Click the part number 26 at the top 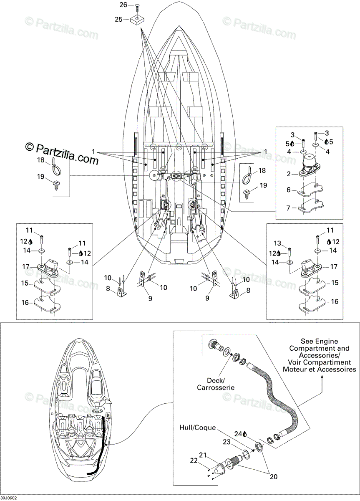pos(123,5)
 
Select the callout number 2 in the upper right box pos(289,174)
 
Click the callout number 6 pos(289,190)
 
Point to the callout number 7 pos(289,208)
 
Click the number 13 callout pos(277,243)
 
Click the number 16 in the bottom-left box pos(25,303)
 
